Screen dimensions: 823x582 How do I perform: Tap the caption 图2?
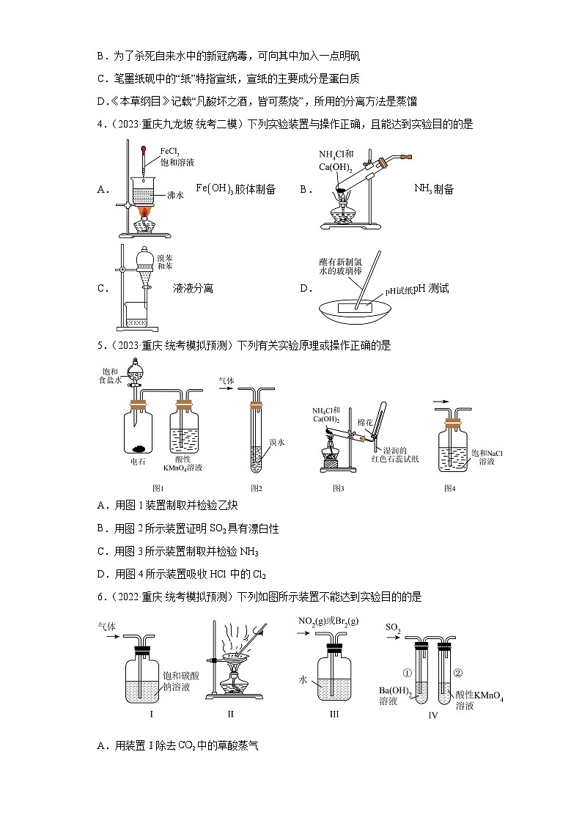(257, 488)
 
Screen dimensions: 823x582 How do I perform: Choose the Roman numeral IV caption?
(432, 715)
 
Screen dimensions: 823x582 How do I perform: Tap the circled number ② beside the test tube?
(460, 673)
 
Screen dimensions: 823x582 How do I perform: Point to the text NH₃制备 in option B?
(434, 189)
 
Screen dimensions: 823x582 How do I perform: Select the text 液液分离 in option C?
(193, 289)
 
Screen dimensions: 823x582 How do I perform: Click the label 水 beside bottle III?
(301, 679)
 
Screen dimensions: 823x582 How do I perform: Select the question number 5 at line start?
(100, 344)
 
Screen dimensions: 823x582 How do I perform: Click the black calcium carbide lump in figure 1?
(138, 450)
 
